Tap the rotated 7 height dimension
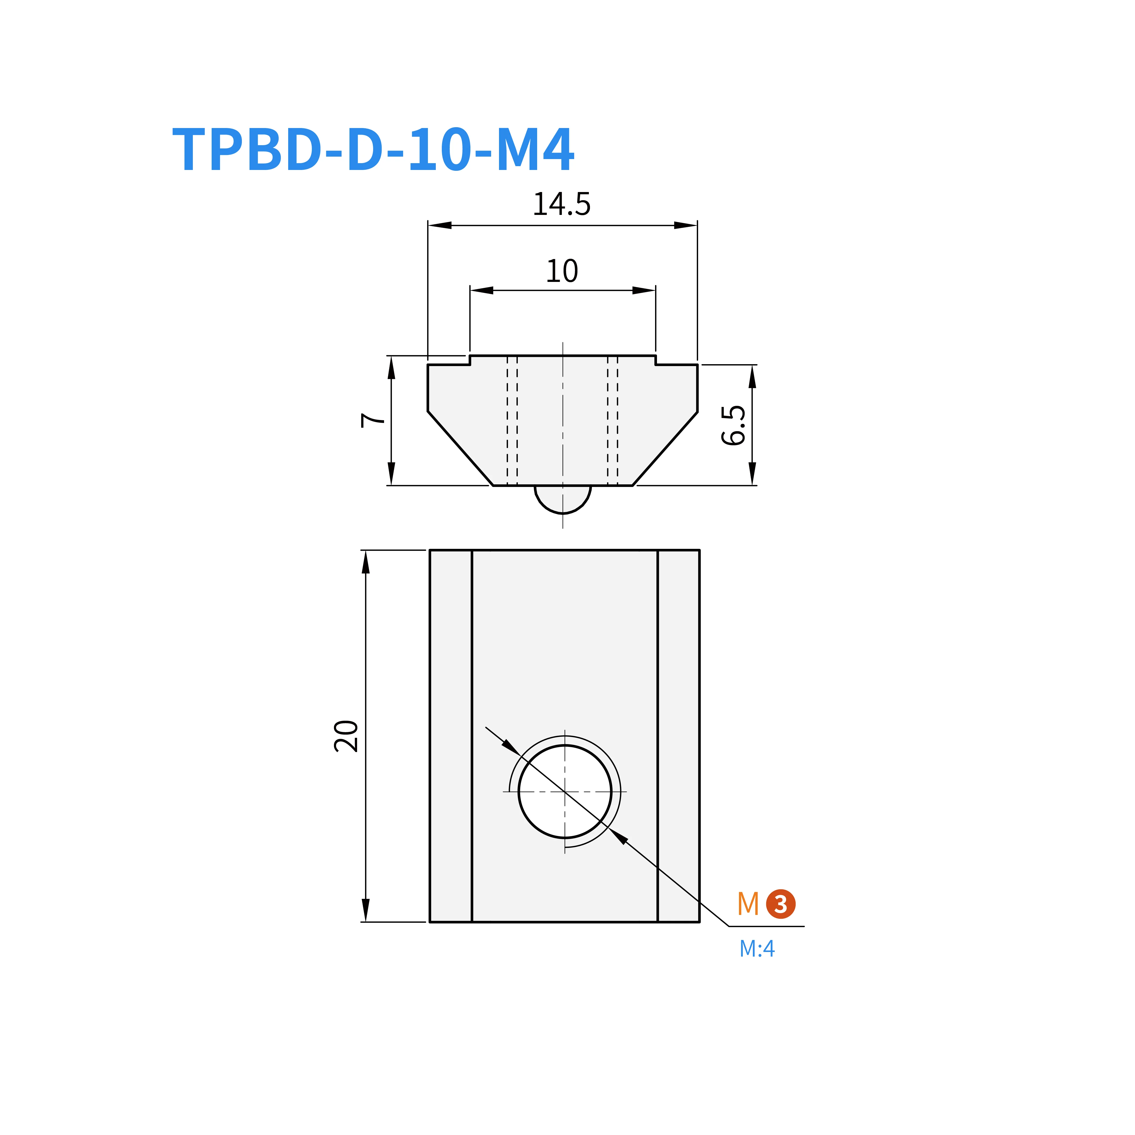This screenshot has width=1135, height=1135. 372,420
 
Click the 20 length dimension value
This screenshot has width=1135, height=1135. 346,736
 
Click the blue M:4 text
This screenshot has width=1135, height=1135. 757,949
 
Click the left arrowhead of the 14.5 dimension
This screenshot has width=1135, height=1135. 439,225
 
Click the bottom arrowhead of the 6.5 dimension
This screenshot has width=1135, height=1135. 752,473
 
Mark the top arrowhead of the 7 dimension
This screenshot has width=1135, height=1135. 391,368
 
